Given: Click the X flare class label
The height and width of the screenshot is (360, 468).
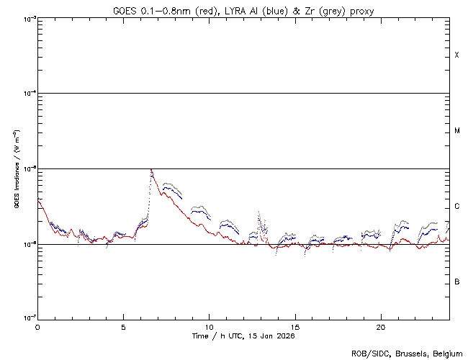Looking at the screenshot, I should [x=457, y=55].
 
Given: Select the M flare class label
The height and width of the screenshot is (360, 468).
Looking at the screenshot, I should [x=457, y=131].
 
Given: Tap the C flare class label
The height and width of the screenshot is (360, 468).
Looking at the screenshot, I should [x=457, y=207].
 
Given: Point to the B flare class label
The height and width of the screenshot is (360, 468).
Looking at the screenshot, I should [x=457, y=282].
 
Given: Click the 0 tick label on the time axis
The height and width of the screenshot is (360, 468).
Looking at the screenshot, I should [x=37, y=326].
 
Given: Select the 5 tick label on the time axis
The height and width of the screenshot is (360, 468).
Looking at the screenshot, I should [x=123, y=326].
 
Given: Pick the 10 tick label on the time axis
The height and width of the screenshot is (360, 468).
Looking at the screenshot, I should [x=209, y=326].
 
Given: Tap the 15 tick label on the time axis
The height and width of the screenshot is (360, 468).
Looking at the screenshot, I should [x=294, y=326].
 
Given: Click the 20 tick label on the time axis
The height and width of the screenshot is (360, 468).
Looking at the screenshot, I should [x=380, y=326].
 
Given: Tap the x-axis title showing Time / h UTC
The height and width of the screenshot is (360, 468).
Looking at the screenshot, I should [x=243, y=336].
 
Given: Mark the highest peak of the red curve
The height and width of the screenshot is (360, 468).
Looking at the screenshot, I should [x=150, y=170].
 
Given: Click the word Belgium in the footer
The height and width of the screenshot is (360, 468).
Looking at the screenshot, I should [x=446, y=353].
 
